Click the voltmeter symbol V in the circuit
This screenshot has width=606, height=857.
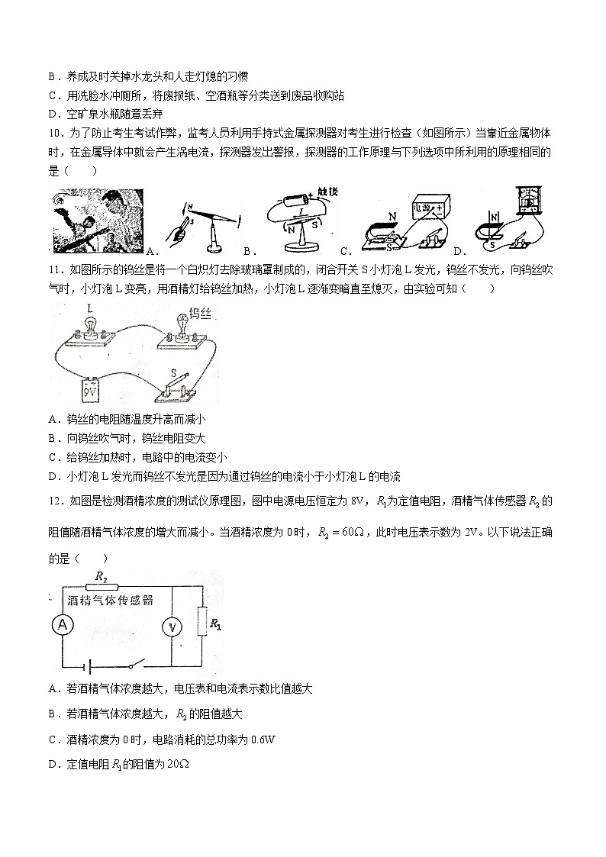point(173,627)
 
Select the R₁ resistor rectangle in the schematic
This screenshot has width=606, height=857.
point(203,622)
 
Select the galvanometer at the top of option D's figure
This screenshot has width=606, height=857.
point(523,202)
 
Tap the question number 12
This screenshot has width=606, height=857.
point(55,501)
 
